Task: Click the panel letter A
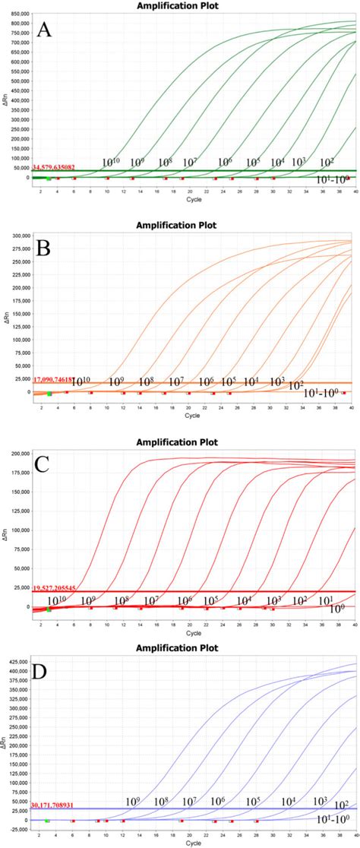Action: tap(45, 31)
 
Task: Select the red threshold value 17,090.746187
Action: tap(59, 378)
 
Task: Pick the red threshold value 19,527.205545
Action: tap(60, 588)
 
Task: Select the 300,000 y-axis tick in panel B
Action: tap(19, 236)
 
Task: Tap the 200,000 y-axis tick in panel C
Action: tap(19, 454)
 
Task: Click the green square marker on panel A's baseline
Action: tap(49, 179)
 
